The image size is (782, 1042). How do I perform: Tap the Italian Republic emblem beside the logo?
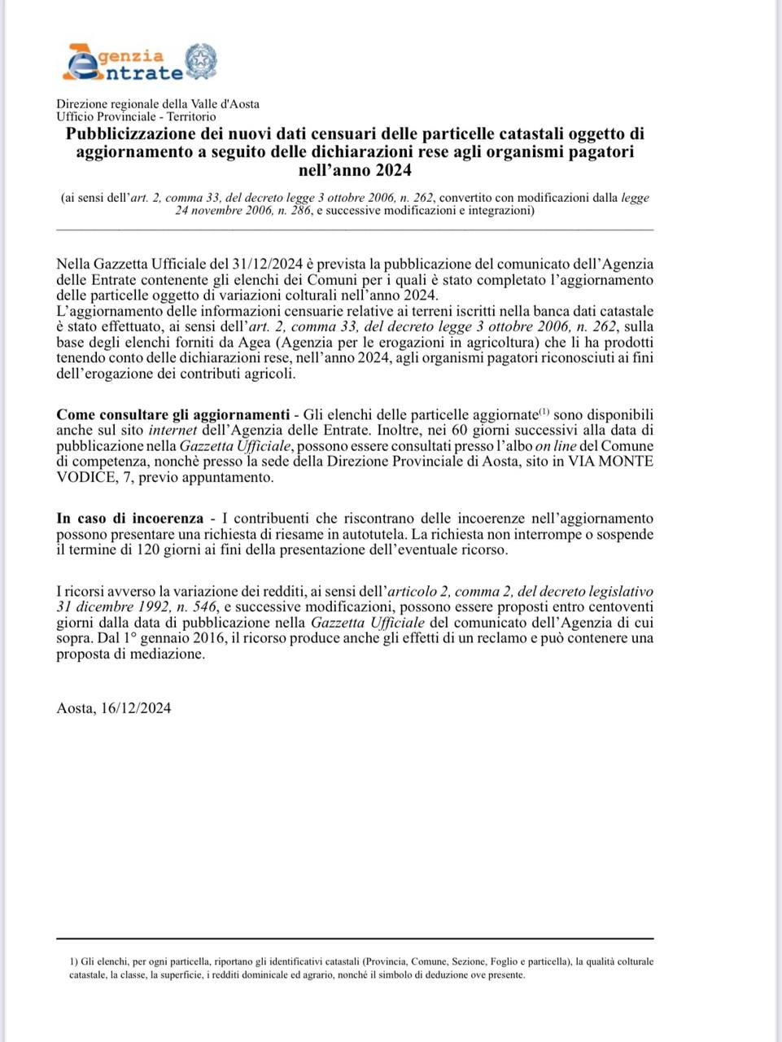tap(200, 62)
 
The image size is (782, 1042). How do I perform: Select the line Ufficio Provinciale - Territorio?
tap(136, 116)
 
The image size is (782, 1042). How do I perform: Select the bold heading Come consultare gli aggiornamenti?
tap(173, 414)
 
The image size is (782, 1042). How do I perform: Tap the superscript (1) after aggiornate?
tap(545, 410)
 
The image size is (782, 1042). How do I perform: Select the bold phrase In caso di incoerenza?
tap(130, 518)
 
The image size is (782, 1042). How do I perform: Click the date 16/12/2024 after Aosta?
tap(137, 708)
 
